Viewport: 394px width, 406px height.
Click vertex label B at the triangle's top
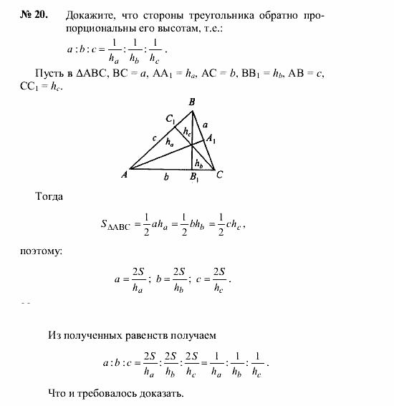coord(191,102)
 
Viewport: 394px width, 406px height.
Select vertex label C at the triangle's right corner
coord(219,173)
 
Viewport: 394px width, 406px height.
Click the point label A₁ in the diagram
coord(213,140)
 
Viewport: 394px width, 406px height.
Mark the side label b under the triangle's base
coord(165,175)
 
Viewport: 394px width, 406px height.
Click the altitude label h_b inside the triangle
coord(198,163)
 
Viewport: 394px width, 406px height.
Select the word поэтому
coord(42,251)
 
